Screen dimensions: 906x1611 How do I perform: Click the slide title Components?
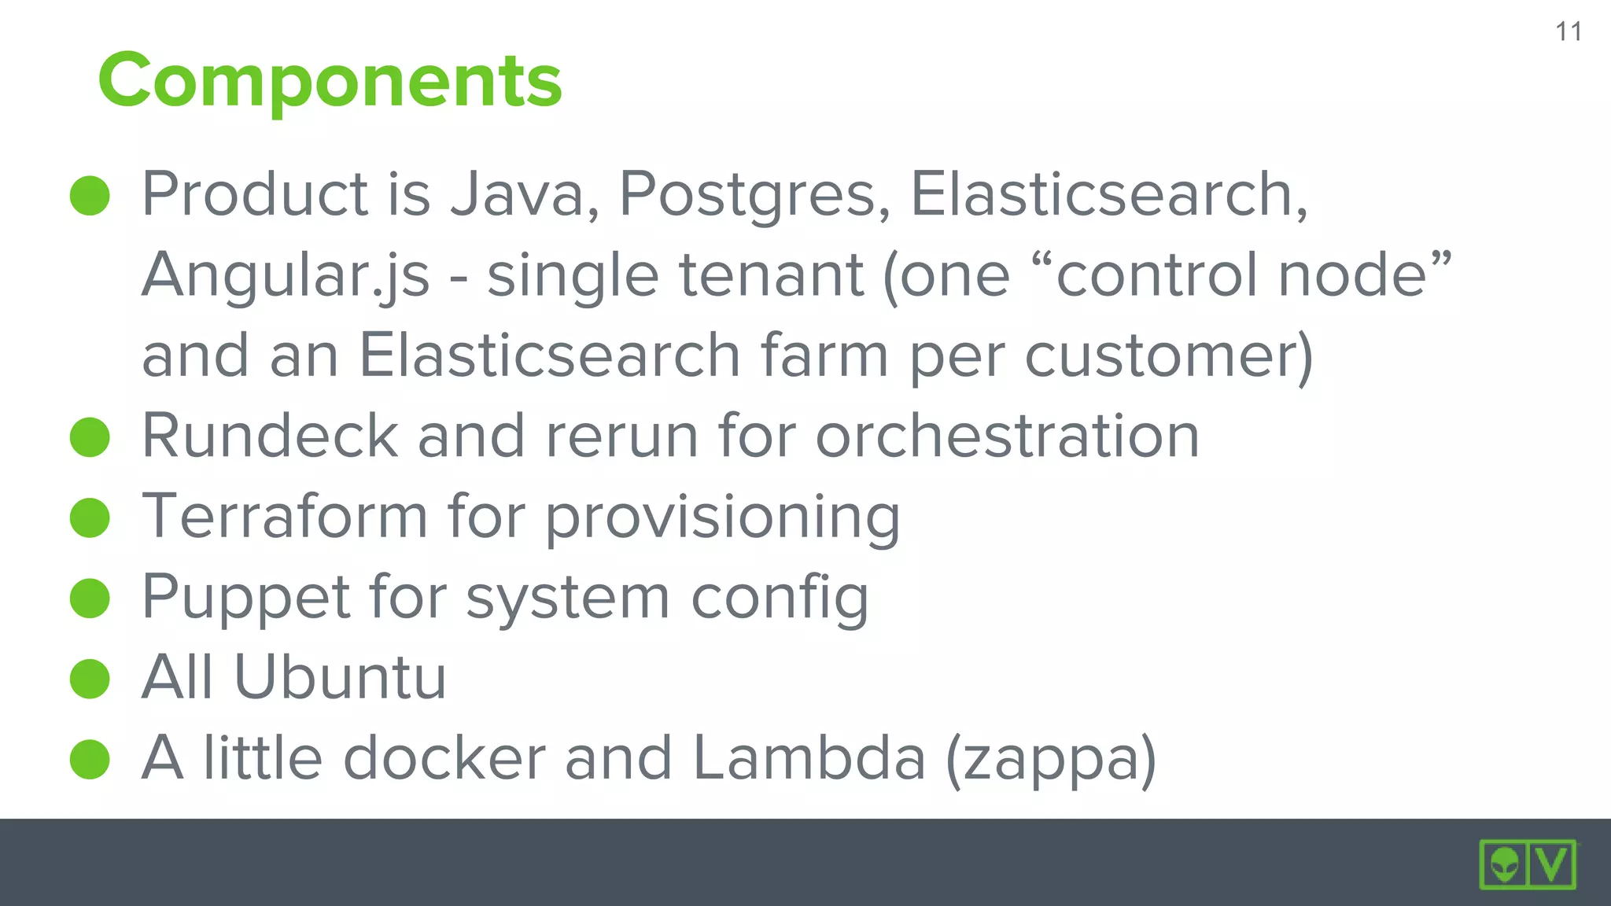pyautogui.click(x=330, y=81)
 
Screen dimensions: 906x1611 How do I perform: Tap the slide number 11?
pyautogui.click(x=1569, y=32)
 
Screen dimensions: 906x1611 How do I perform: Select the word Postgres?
pyautogui.click(x=754, y=196)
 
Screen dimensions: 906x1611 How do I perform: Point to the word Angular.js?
pyautogui.click(x=286, y=276)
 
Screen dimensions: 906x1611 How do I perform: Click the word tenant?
pyautogui.click(x=772, y=275)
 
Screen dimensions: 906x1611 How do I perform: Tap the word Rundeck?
pyautogui.click(x=270, y=436)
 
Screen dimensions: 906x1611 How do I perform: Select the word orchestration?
pyautogui.click(x=1008, y=436)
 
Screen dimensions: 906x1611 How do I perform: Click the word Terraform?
pyautogui.click(x=284, y=517)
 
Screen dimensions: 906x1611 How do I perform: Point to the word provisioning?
pyautogui.click(x=722, y=519)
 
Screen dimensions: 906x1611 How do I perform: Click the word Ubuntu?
pyautogui.click(x=340, y=677)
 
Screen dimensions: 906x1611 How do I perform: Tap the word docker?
pyautogui.click(x=444, y=758)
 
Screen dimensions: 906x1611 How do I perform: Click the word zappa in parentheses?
pyautogui.click(x=1051, y=761)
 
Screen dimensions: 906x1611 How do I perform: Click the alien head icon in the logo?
pyautogui.click(x=1504, y=865)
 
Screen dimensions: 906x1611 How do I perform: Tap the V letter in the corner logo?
pyautogui.click(x=1552, y=864)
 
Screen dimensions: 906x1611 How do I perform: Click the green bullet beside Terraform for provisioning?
pyautogui.click(x=90, y=517)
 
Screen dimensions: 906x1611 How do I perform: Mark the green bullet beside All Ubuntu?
pyautogui.click(x=90, y=679)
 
